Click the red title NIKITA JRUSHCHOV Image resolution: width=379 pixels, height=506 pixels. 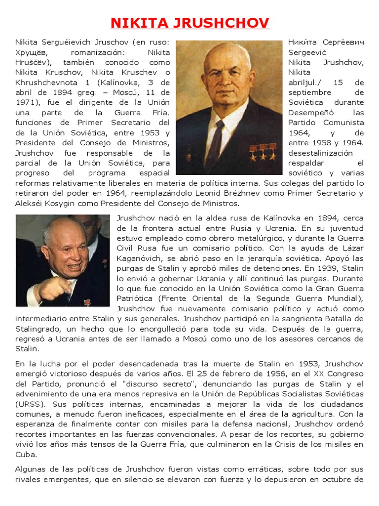[189, 23]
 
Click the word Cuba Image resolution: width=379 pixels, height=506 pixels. [26, 454]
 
